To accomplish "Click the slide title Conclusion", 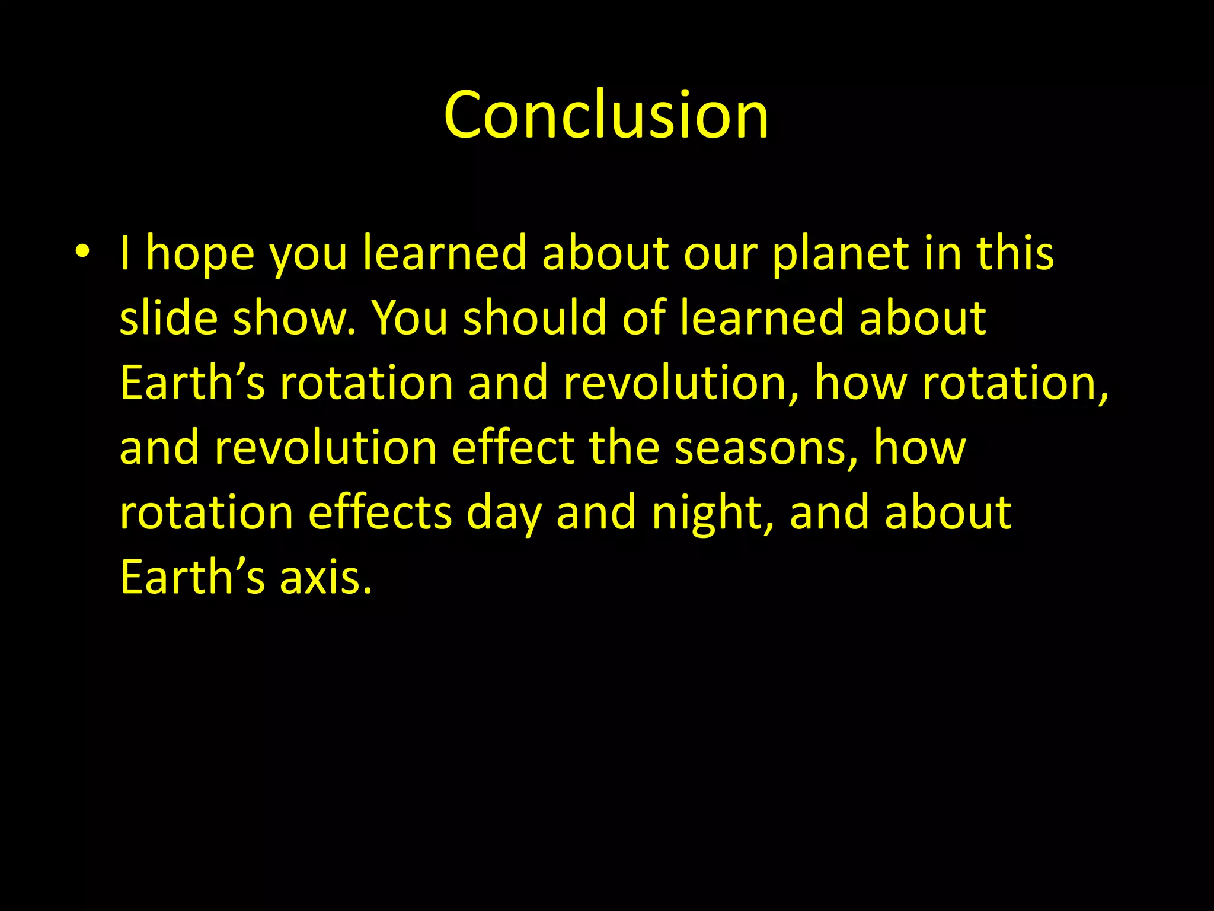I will (x=606, y=115).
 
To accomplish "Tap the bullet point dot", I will (x=82, y=251).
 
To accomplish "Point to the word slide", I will (x=168, y=318).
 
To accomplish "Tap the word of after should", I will (x=643, y=318).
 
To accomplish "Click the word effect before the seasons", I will (x=513, y=448).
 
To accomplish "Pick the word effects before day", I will (x=380, y=513).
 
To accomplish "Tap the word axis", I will (x=325, y=578).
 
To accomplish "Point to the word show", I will (x=294, y=318).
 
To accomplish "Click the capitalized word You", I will (x=409, y=318).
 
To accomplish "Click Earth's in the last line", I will (x=192, y=578).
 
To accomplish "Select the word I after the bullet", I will (x=125, y=254).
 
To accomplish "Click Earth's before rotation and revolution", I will (x=192, y=383).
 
